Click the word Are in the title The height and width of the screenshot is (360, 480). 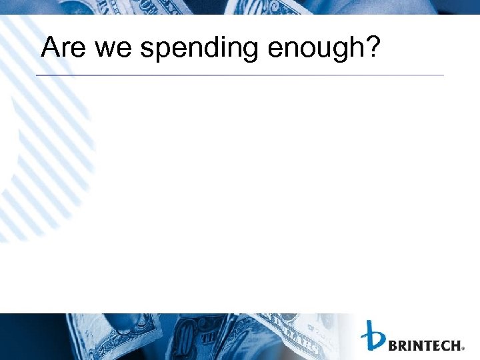[x=64, y=49]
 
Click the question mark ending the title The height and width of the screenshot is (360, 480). [x=370, y=47]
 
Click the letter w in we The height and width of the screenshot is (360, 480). [x=107, y=50]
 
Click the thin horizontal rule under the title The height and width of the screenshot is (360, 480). [x=240, y=75]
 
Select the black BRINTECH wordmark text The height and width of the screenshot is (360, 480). [x=424, y=345]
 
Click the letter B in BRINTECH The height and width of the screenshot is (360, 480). [x=393, y=345]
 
